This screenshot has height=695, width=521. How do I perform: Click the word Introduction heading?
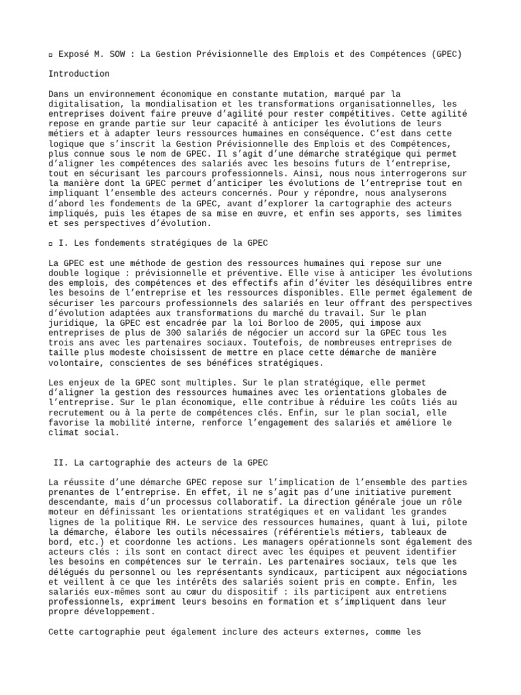pos(79,74)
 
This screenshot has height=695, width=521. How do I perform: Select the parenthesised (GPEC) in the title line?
pos(445,54)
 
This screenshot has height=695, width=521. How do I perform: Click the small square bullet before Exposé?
pos(52,54)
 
